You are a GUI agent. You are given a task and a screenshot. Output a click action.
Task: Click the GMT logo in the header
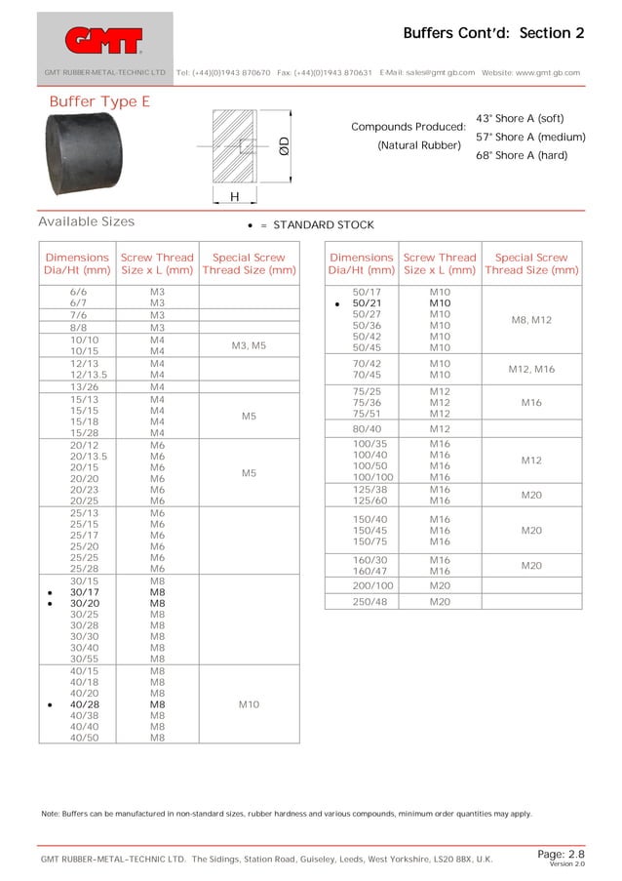(x=104, y=40)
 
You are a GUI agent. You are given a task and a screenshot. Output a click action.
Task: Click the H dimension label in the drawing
(x=234, y=197)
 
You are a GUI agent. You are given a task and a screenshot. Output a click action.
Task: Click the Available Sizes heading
(x=86, y=221)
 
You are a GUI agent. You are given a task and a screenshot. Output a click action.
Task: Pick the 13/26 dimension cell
(x=76, y=387)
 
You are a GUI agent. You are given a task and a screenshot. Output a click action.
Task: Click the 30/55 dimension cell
(x=76, y=659)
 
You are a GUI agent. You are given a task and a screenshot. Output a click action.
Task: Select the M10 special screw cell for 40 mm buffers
(x=249, y=703)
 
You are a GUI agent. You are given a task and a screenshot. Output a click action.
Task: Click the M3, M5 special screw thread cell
(x=249, y=345)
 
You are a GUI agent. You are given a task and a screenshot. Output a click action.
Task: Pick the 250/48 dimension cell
(x=362, y=602)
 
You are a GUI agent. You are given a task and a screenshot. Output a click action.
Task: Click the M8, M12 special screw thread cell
(x=531, y=319)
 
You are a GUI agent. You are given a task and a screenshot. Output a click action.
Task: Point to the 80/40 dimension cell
(x=362, y=428)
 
